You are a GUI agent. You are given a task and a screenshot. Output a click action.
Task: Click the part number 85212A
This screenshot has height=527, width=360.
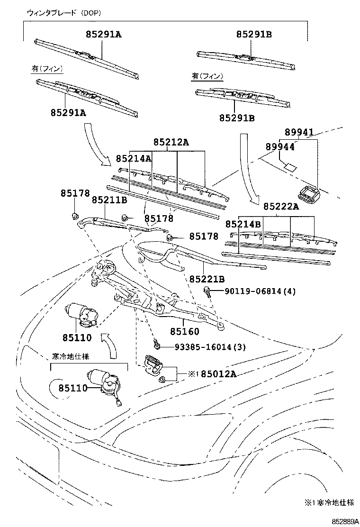pyautogui.click(x=171, y=143)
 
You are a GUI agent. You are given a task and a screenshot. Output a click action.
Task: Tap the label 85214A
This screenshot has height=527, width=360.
pyautogui.click(x=134, y=158)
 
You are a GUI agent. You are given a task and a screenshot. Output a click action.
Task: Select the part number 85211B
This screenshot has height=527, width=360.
pyautogui.click(x=109, y=200)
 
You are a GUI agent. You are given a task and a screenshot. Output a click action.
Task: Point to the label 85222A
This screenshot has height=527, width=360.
pyautogui.click(x=281, y=206)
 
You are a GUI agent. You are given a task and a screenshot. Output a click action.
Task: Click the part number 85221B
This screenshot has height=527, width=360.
pyautogui.click(x=207, y=279)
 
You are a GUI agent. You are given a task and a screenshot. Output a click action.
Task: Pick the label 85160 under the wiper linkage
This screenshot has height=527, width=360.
pyautogui.click(x=185, y=332)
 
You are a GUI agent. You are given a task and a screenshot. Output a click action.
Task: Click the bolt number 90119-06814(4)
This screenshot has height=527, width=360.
pyautogui.click(x=260, y=291)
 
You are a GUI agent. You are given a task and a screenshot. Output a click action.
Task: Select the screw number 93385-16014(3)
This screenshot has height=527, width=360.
pyautogui.click(x=210, y=346)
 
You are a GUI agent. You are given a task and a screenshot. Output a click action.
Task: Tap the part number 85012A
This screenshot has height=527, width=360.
pyautogui.click(x=219, y=374)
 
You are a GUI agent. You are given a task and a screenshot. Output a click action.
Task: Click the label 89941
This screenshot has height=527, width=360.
pyautogui.click(x=299, y=132)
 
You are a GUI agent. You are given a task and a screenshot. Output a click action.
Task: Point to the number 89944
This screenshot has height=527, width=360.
pyautogui.click(x=280, y=147)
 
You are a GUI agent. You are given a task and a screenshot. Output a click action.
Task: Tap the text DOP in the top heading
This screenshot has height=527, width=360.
pyautogui.click(x=90, y=13)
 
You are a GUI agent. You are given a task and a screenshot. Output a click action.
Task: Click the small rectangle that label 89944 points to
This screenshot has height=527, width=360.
pyautogui.click(x=290, y=167)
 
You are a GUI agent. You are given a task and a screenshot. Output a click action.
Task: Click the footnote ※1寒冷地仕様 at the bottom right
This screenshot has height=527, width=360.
pyautogui.click(x=329, y=502)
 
